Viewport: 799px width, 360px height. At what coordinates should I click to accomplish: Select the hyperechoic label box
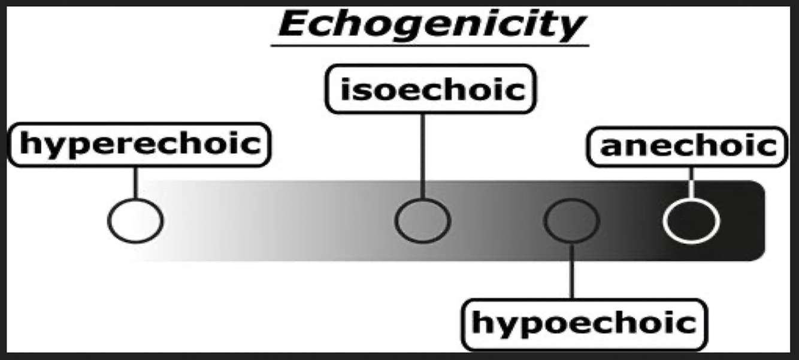coord(140,144)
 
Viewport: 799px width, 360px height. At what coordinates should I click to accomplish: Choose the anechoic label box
coord(687,146)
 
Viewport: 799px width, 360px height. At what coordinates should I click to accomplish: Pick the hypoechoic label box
coord(584,324)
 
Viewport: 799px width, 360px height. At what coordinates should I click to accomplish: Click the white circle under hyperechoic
coord(135,220)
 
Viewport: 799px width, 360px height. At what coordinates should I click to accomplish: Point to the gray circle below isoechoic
coord(422,220)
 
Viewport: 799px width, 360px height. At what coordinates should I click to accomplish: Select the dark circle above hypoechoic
coord(571,220)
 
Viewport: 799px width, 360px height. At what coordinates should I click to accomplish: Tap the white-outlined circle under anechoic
coord(691,220)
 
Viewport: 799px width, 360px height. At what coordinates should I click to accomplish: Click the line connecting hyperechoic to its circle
coord(135,182)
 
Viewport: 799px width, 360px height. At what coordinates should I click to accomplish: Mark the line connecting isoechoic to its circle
coord(422,156)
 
